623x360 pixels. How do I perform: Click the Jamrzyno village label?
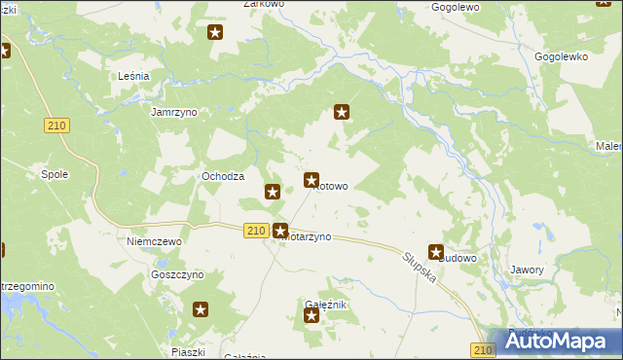click(x=174, y=112)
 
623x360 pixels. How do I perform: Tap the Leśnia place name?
click(x=132, y=76)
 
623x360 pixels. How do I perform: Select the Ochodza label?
click(x=222, y=176)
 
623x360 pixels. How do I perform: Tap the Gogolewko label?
click(x=562, y=57)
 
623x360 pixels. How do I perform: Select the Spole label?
click(x=54, y=175)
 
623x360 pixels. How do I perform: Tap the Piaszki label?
click(x=185, y=352)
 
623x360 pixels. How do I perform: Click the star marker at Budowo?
click(x=436, y=252)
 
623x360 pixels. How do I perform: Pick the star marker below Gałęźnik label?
click(x=311, y=315)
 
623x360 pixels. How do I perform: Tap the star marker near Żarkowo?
click(x=216, y=33)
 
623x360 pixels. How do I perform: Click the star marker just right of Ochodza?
click(x=273, y=192)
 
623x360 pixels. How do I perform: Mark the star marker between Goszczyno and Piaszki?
click(x=201, y=310)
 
